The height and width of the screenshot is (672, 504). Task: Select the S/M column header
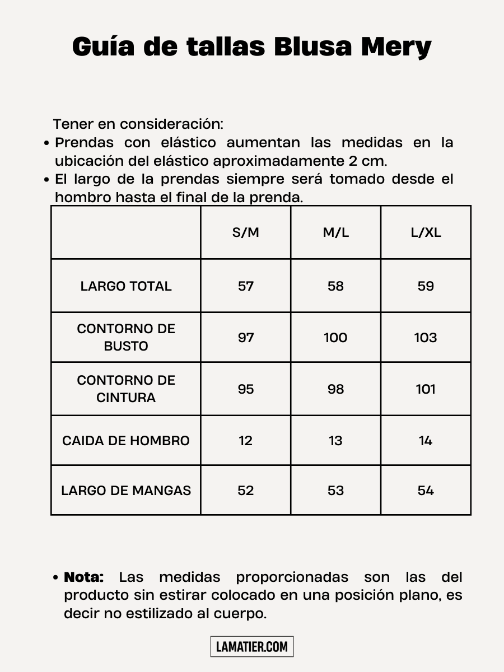click(x=246, y=232)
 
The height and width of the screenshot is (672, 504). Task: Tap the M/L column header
click(x=335, y=232)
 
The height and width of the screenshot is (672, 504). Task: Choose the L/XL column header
click(x=426, y=232)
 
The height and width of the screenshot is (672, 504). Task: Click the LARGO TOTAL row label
click(x=126, y=286)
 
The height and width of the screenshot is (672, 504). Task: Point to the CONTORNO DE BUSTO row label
click(x=126, y=337)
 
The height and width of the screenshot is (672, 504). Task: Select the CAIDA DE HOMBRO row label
click(x=126, y=441)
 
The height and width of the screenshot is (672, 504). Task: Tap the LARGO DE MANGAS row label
click(x=126, y=491)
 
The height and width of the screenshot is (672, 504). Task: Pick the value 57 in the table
click(x=246, y=286)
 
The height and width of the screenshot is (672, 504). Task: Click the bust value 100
click(x=335, y=338)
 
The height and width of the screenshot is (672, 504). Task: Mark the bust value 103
click(x=426, y=338)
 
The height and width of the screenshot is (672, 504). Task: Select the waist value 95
click(x=246, y=389)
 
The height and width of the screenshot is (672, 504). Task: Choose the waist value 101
click(x=426, y=389)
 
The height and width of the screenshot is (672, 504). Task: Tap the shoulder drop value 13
click(x=335, y=441)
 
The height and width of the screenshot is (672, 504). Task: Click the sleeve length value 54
click(x=426, y=491)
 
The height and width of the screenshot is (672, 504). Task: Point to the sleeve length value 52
click(x=246, y=491)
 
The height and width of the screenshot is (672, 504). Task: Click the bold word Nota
click(x=84, y=577)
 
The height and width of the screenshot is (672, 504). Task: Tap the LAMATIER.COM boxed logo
click(x=252, y=647)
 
